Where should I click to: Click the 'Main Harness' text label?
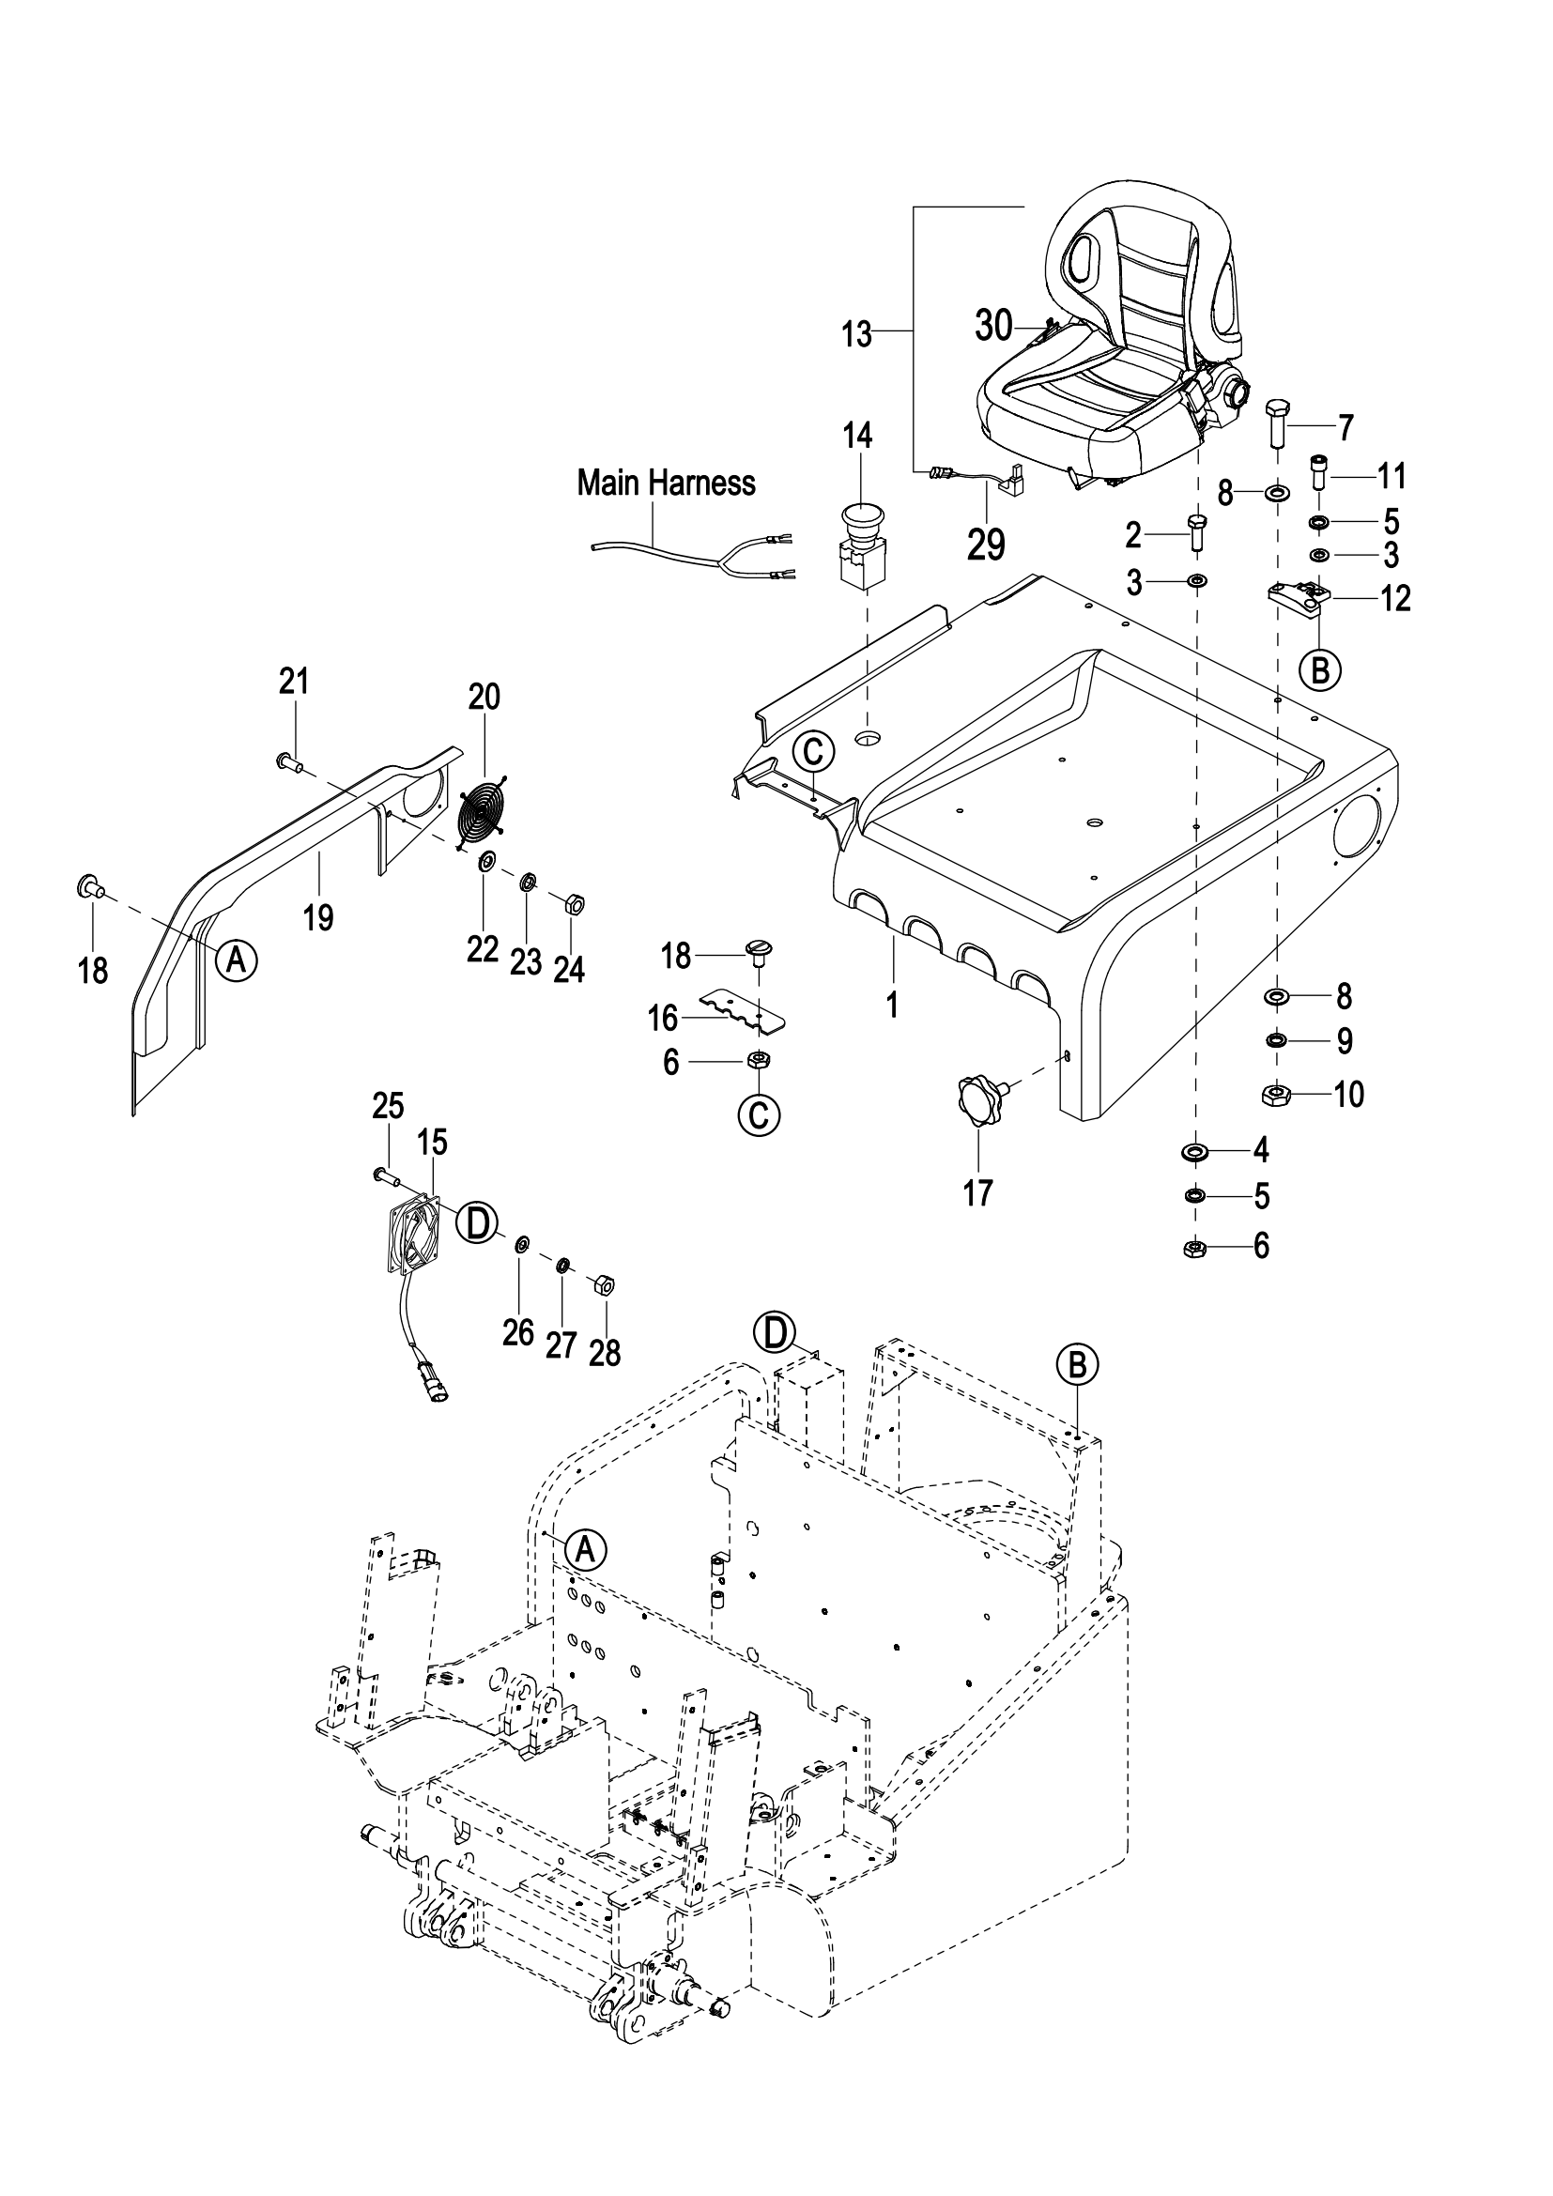666,483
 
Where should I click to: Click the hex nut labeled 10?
1276,1095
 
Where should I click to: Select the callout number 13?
857,335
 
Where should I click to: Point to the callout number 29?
986,545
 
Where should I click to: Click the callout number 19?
317,917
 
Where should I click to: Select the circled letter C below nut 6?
760,1115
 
